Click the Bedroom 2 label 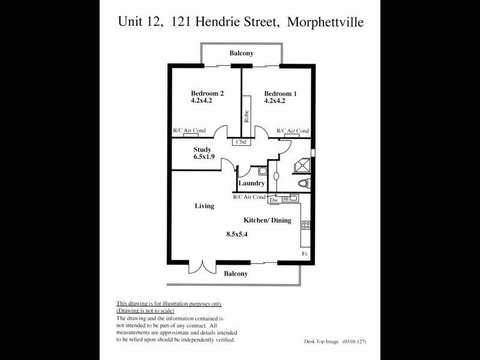pyautogui.click(x=207, y=94)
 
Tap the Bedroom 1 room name pyautogui.click(x=280, y=94)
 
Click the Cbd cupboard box pyautogui.click(x=242, y=142)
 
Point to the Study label pyautogui.click(x=202, y=149)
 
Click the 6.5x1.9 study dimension pyautogui.click(x=204, y=157)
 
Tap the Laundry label pyautogui.click(x=251, y=183)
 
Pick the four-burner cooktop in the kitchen pyautogui.click(x=306, y=226)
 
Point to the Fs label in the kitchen pyautogui.click(x=305, y=254)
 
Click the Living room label pyautogui.click(x=204, y=206)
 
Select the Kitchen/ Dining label pyautogui.click(x=267, y=220)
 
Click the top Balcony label pyautogui.click(x=241, y=53)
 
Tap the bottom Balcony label pyautogui.click(x=236, y=274)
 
